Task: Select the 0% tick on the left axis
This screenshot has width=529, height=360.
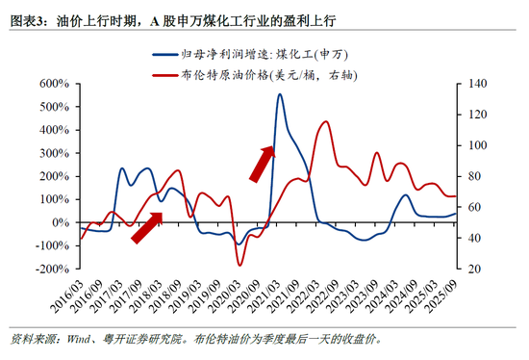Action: click(x=60, y=223)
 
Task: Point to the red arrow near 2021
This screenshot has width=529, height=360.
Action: click(x=262, y=164)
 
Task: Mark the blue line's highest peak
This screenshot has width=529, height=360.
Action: click(x=280, y=94)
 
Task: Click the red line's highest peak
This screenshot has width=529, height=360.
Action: click(x=325, y=122)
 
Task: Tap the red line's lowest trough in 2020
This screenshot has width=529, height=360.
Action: click(x=239, y=265)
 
